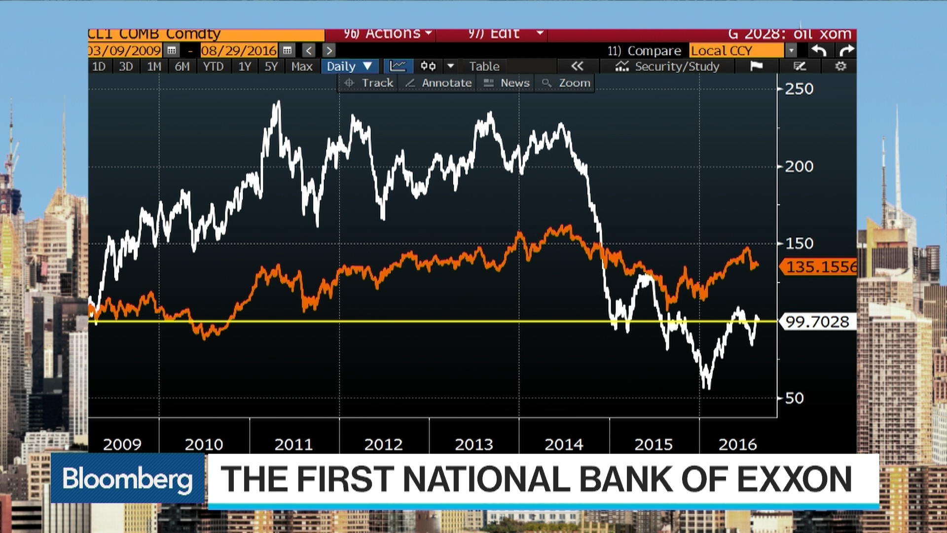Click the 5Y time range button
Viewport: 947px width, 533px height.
[271, 67]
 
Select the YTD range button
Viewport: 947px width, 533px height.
[213, 67]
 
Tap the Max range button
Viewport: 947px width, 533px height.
[301, 67]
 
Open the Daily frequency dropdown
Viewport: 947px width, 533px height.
[349, 67]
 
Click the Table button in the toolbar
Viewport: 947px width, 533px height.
[484, 67]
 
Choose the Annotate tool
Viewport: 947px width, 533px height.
[438, 83]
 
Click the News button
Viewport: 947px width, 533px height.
[507, 83]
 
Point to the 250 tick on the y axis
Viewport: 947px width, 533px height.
[799, 89]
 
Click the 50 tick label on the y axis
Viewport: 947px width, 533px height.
[794, 398]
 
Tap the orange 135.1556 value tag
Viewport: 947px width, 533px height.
[820, 267]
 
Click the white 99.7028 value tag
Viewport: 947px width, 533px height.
[817, 322]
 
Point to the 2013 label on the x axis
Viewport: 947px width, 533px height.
[473, 445]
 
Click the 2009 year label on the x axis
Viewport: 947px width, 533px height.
[122, 445]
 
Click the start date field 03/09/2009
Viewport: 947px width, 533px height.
[125, 50]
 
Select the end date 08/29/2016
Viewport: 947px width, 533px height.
[239, 50]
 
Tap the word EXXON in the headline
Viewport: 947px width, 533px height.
[794, 479]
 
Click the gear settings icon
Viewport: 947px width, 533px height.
[840, 66]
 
